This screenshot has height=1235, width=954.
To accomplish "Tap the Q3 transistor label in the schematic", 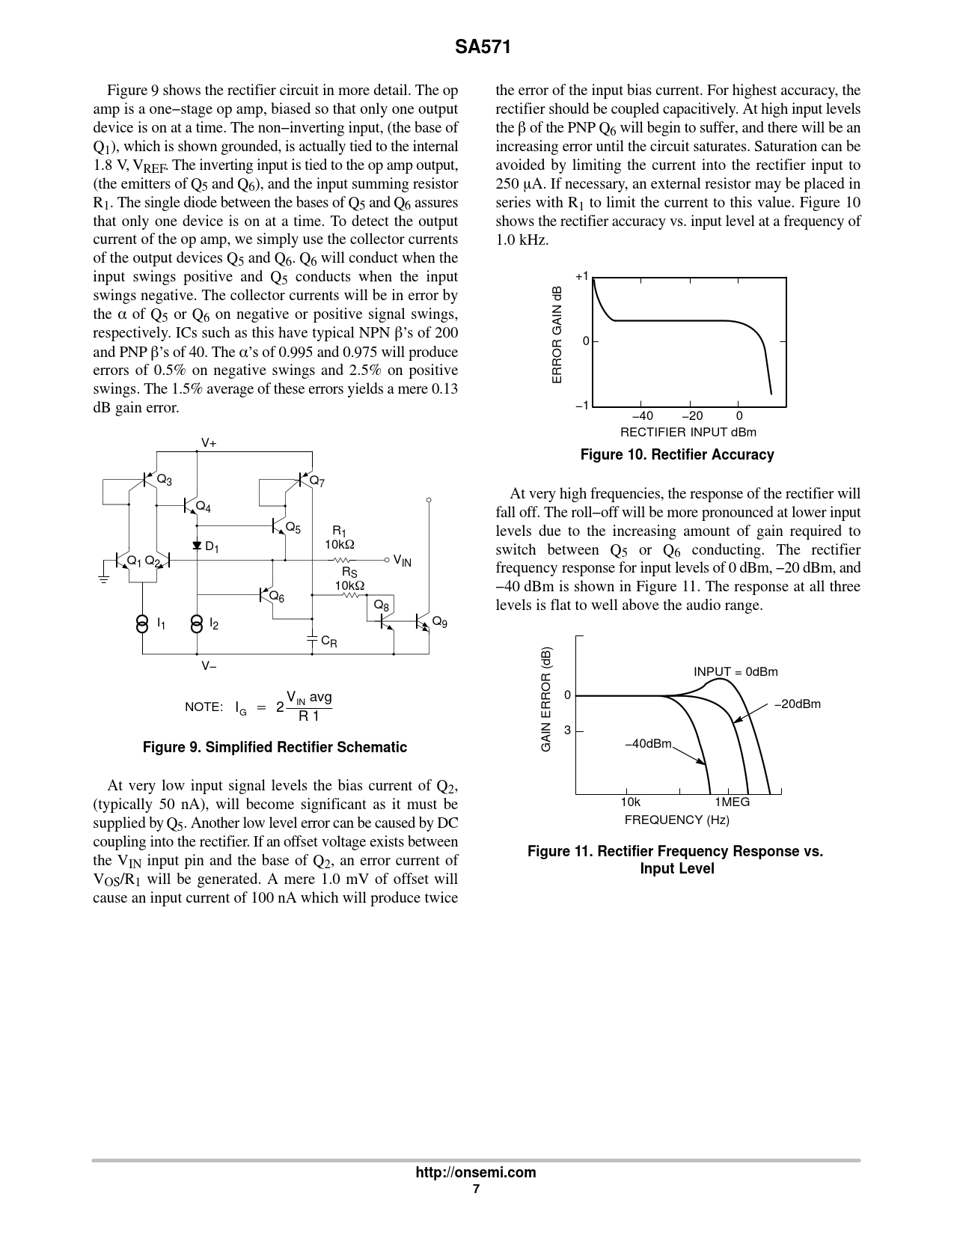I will coord(164,481).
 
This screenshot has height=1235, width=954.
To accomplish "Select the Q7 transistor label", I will coord(317,481).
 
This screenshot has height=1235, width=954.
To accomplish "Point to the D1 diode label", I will coord(212,548).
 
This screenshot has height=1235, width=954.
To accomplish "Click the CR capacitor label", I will coord(328,641).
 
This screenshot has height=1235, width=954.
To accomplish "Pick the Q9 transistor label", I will coord(440,622).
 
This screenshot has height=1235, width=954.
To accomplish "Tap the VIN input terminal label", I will coord(403,561).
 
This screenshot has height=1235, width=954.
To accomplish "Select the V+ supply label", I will coord(209,443).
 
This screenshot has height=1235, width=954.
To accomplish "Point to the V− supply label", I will coord(209,665).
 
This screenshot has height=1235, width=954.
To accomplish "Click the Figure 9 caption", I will coord(275,747).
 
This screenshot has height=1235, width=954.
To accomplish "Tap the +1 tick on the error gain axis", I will coord(582,276).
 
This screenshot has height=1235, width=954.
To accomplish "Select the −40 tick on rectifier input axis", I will coord(642,416).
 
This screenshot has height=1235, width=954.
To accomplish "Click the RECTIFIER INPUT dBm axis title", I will coord(688,432).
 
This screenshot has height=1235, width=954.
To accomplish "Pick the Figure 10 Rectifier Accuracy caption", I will coord(677,454).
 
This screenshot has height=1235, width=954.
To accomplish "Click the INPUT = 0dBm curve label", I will coord(736,671).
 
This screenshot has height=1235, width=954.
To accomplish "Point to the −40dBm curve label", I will coord(649,743).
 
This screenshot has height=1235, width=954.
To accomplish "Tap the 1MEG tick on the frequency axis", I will coord(732,802).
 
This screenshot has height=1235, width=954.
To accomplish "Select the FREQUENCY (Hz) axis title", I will coord(676,820).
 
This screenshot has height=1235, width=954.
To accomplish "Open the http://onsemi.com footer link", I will coord(476,1173).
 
